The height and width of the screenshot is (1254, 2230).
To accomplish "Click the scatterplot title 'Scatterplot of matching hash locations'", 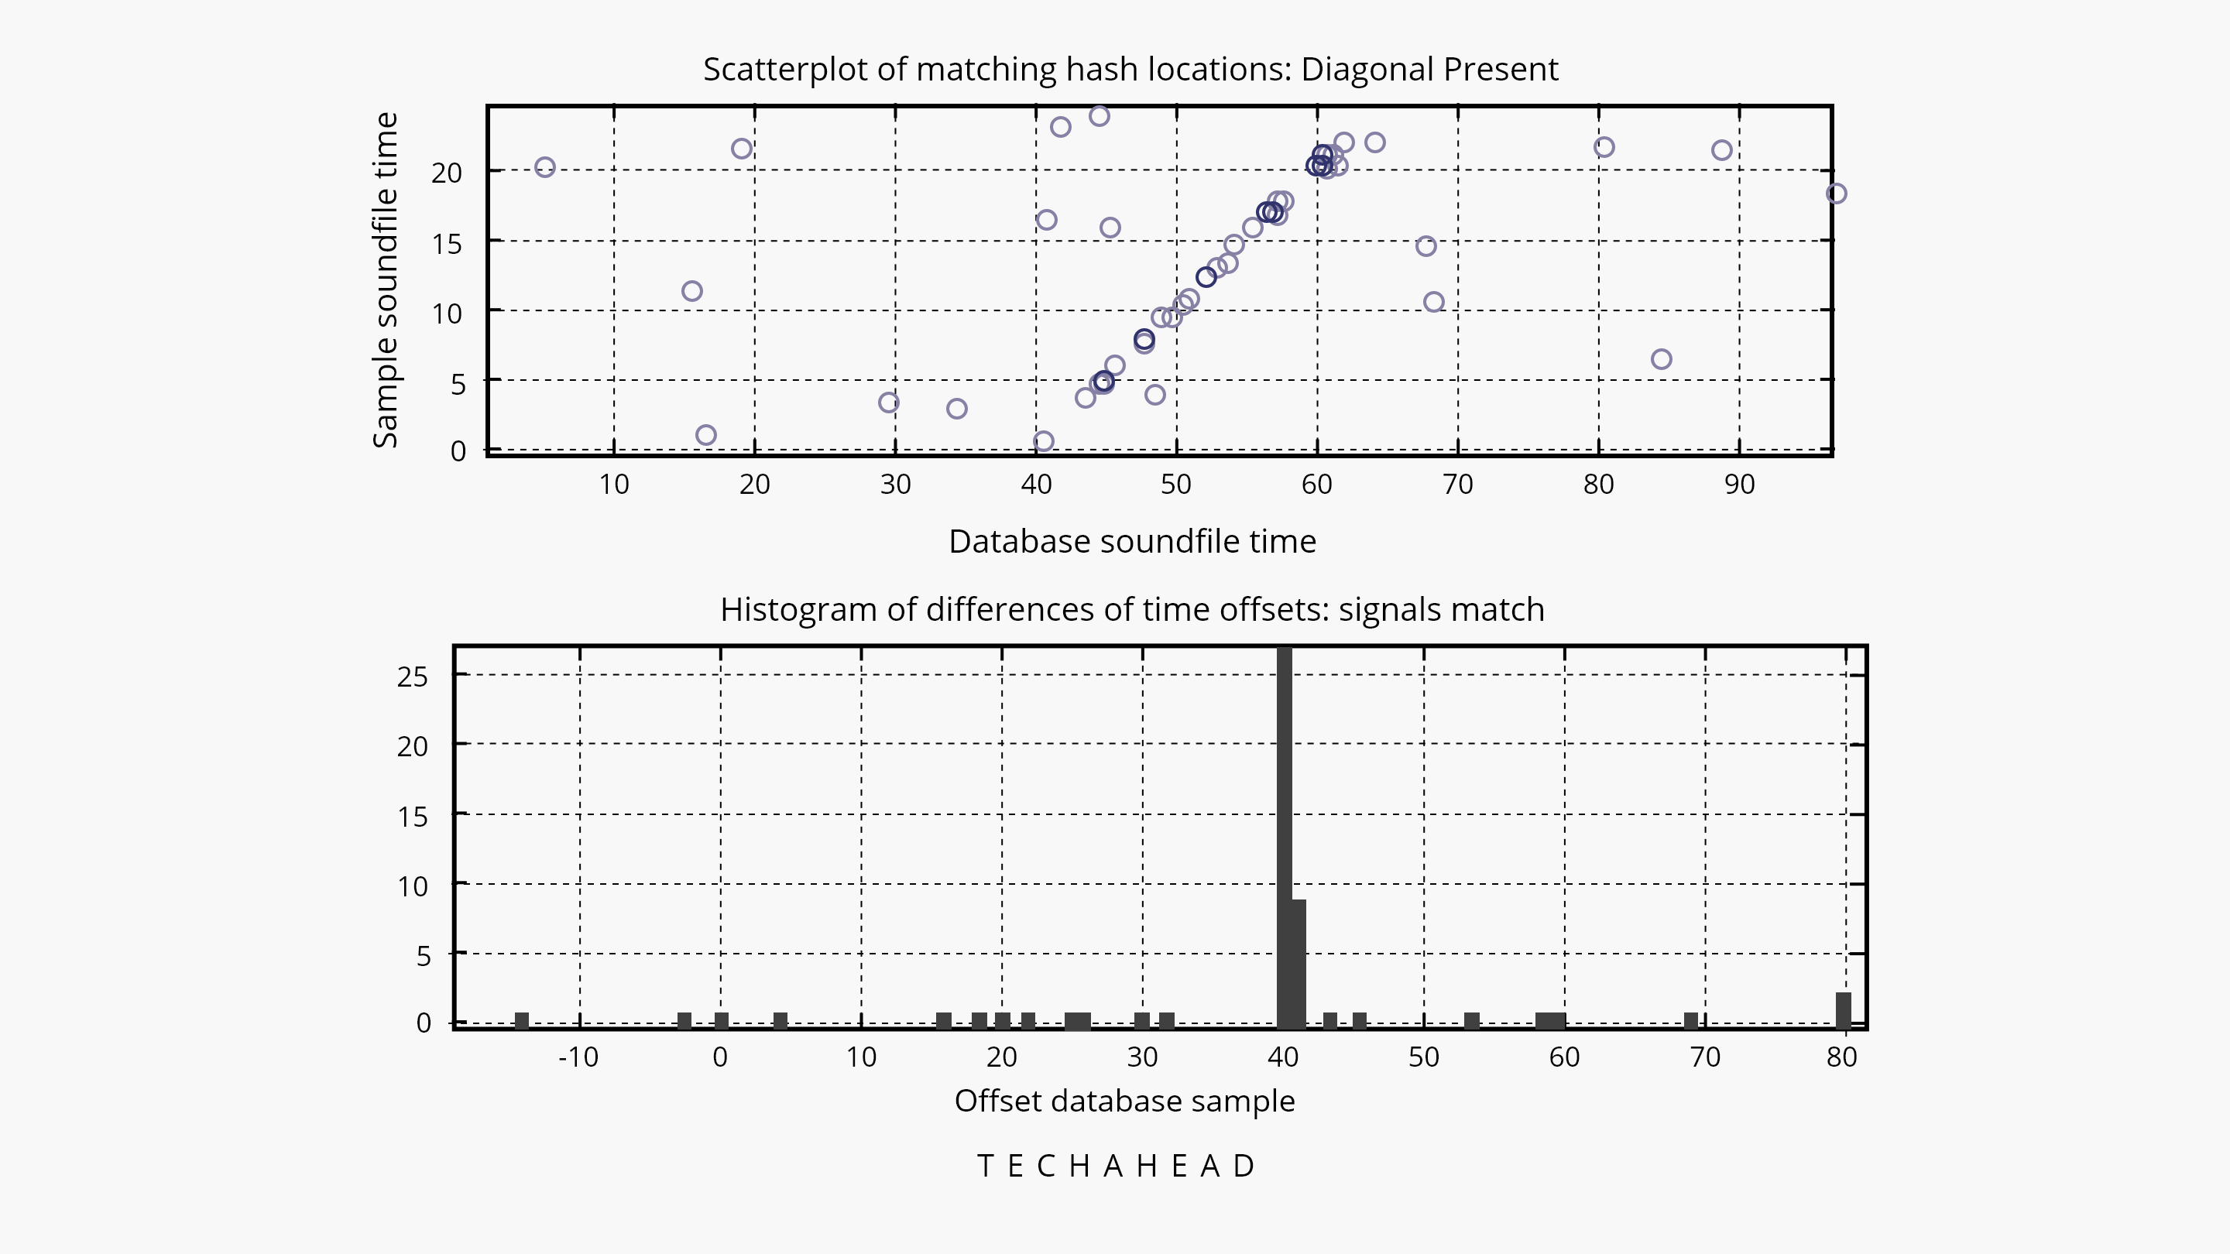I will point(1130,69).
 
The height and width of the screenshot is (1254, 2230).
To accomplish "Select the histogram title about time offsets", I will point(1131,609).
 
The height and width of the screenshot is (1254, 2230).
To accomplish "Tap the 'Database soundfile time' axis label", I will point(1131,542).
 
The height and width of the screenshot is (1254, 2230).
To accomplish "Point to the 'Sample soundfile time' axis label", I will point(386,279).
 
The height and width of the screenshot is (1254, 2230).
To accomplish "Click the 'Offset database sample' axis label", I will point(1124,1101).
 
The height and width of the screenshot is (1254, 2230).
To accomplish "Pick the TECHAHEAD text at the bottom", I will point(1116,1167).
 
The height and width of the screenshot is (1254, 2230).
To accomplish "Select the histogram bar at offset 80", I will point(1843,1009).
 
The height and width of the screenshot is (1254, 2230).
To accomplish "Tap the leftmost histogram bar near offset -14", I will point(521,1019).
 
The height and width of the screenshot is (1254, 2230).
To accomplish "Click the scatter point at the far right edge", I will point(1836,194).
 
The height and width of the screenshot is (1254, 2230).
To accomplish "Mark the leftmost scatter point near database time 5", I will point(544,167).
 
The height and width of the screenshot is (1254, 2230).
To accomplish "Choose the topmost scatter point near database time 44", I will point(1100,116).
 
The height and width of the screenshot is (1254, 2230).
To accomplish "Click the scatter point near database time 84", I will point(1661,359).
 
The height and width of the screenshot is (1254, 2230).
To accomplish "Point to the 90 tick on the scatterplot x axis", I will point(1739,484).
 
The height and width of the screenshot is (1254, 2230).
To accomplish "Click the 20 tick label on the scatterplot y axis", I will point(447,173).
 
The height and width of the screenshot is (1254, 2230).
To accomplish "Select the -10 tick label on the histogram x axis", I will point(578,1057).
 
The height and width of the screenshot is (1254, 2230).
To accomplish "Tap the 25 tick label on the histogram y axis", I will point(413,676).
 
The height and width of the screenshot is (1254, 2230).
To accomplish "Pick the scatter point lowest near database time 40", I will point(1043,441).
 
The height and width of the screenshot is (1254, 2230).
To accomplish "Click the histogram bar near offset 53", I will point(1472,1019).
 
